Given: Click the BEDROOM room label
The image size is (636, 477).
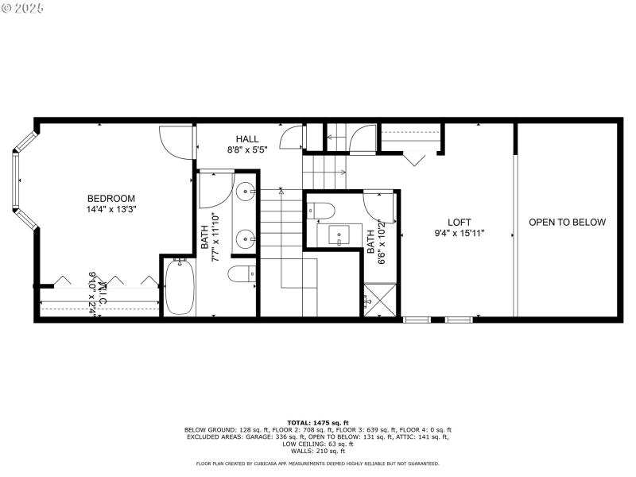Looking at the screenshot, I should (111, 199).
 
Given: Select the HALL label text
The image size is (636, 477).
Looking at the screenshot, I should (247, 139).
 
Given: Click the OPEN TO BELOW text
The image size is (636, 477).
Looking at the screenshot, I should (567, 223).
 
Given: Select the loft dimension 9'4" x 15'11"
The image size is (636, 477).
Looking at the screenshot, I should (460, 234).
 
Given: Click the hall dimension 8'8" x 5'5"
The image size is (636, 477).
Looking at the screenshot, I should (247, 149).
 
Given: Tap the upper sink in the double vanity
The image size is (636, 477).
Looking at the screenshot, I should (246, 192).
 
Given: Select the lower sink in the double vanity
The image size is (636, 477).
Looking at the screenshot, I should (246, 237).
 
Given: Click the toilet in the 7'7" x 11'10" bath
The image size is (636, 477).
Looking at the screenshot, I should (241, 275).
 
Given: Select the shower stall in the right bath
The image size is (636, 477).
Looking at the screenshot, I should (380, 301).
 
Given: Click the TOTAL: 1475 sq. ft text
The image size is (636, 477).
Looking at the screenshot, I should (317, 423).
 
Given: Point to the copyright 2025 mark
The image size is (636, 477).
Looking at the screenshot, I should (24, 7).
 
